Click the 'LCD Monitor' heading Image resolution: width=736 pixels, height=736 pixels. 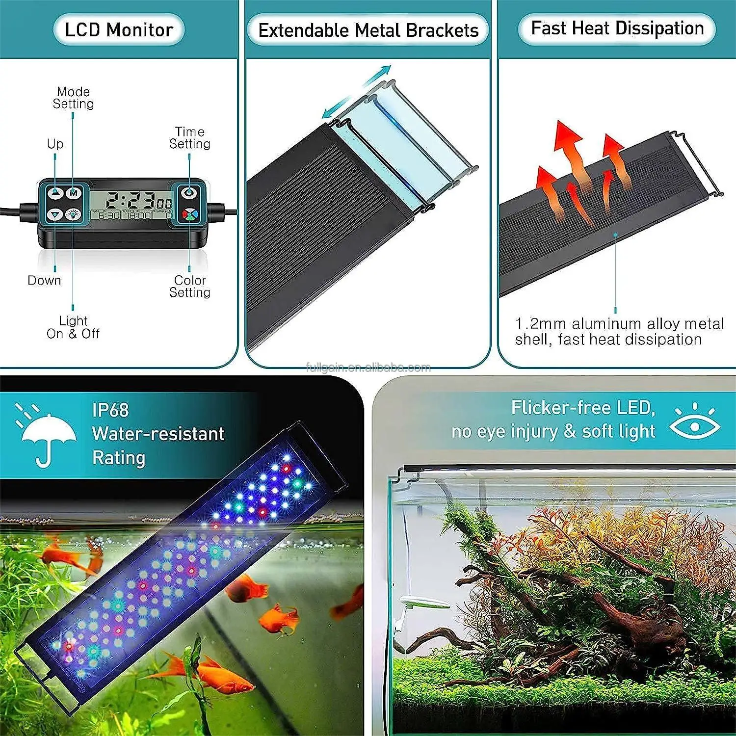pyautogui.click(x=119, y=30)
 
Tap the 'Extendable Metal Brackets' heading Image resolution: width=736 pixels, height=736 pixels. pyautogui.click(x=368, y=30)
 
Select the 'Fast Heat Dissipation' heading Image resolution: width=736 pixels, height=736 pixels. pyautogui.click(x=617, y=28)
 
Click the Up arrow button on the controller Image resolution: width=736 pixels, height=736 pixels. pyautogui.click(x=55, y=193)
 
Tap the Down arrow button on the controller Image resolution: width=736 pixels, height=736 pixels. pyautogui.click(x=55, y=214)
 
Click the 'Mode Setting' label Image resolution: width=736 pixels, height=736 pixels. pyautogui.click(x=73, y=98)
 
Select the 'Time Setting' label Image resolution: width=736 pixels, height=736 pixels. pyautogui.click(x=190, y=138)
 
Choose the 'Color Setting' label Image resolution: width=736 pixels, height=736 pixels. pyautogui.click(x=190, y=286)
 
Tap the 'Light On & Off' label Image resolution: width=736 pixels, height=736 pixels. pyautogui.click(x=73, y=327)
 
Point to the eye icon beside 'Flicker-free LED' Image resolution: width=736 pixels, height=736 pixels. pyautogui.click(x=695, y=424)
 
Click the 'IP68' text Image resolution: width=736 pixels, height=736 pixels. pyautogui.click(x=110, y=410)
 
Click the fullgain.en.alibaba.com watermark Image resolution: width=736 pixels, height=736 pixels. pyautogui.click(x=368, y=368)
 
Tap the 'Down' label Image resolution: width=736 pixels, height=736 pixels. pyautogui.click(x=45, y=280)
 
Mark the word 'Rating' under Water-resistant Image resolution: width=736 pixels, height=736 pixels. pyautogui.click(x=119, y=457)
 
